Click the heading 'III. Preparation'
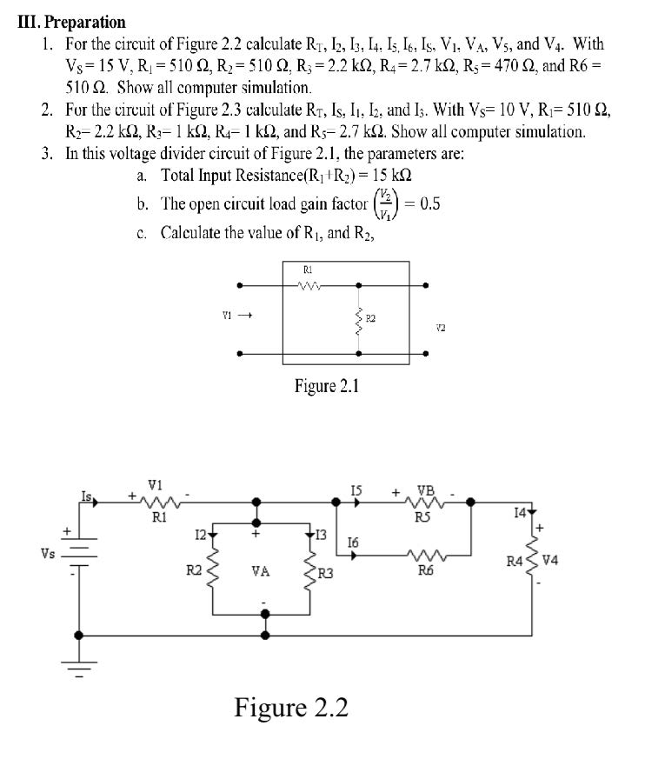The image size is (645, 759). tap(71, 22)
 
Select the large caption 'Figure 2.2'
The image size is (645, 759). tap(291, 708)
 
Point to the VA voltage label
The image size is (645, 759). tap(259, 571)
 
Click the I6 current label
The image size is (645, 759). tap(353, 542)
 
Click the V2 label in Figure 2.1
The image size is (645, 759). tap(441, 328)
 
